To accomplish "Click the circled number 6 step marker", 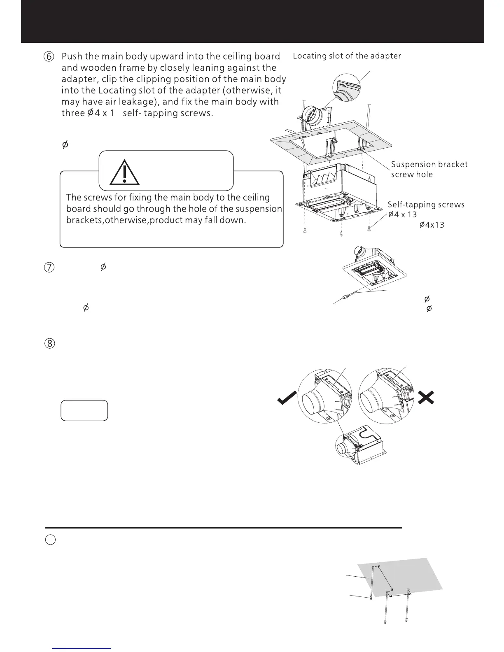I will [x=49, y=57].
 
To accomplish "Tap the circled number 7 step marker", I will [x=49, y=267].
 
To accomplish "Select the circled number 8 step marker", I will [x=49, y=344].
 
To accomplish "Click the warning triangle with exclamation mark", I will [x=124, y=173].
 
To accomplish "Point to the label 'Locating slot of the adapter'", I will [x=347, y=56].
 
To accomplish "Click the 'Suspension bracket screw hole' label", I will [x=429, y=169].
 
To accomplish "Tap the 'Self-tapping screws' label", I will [x=426, y=205].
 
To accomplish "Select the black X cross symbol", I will [x=426, y=397].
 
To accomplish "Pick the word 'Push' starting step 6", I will [x=72, y=56].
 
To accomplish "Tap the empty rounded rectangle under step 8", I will [x=84, y=410].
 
